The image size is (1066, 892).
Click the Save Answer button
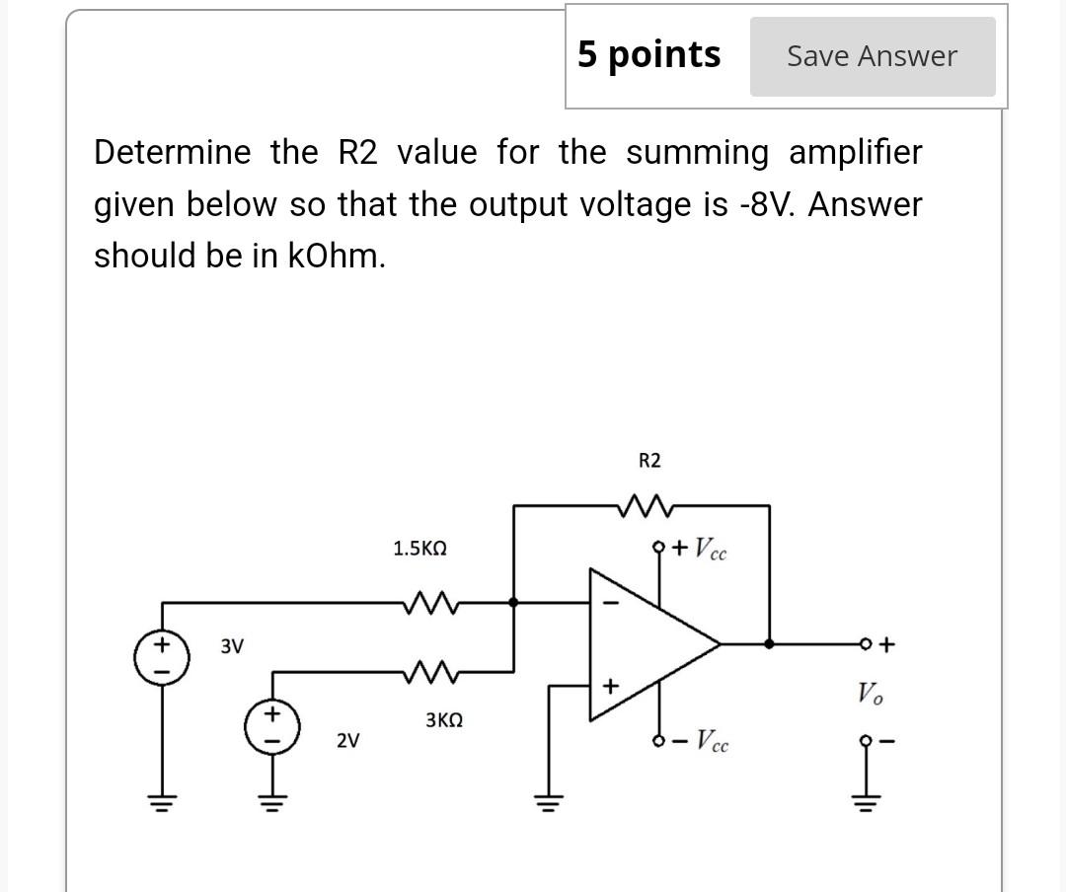pyautogui.click(x=872, y=56)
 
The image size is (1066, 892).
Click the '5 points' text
pyautogui.click(x=648, y=54)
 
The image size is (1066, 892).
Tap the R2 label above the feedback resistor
pyautogui.click(x=649, y=461)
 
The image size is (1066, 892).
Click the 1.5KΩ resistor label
pyautogui.click(x=419, y=549)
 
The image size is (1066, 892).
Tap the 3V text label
pyautogui.click(x=231, y=646)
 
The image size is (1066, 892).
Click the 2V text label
pyautogui.click(x=347, y=739)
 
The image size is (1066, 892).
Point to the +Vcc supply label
pyautogui.click(x=700, y=549)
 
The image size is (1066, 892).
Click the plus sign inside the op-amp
pyautogui.click(x=610, y=684)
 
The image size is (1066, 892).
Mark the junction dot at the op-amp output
pyautogui.click(x=770, y=643)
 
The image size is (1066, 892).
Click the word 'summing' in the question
pyautogui.click(x=697, y=153)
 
